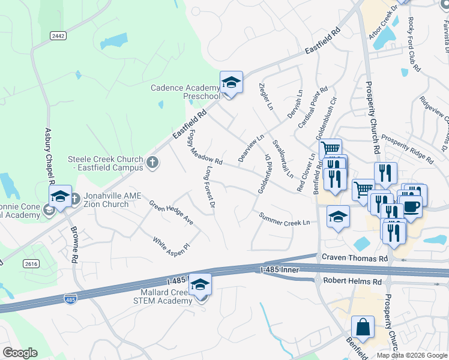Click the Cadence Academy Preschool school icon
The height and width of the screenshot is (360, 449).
click(x=231, y=82)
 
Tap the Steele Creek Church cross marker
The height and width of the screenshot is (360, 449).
click(x=152, y=162)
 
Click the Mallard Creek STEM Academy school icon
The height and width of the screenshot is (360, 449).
click(x=200, y=286)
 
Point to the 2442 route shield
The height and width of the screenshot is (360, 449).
click(x=58, y=36)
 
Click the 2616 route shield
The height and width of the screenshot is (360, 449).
click(x=32, y=263)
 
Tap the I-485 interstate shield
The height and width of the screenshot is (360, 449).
click(x=71, y=298)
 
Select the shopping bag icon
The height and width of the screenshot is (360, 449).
click(x=363, y=328)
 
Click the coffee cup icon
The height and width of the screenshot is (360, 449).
click(x=411, y=206)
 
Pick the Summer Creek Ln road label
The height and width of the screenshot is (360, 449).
click(x=284, y=219)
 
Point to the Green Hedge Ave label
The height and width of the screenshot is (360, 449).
click(x=171, y=212)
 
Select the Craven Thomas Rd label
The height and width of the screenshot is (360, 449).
click(x=355, y=257)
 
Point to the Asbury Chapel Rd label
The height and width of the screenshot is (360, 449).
click(x=50, y=157)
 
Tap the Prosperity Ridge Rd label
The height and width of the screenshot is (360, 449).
click(x=408, y=150)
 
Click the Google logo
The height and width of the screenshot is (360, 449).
click(x=20, y=353)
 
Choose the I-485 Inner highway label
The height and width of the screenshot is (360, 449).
click(x=282, y=271)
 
